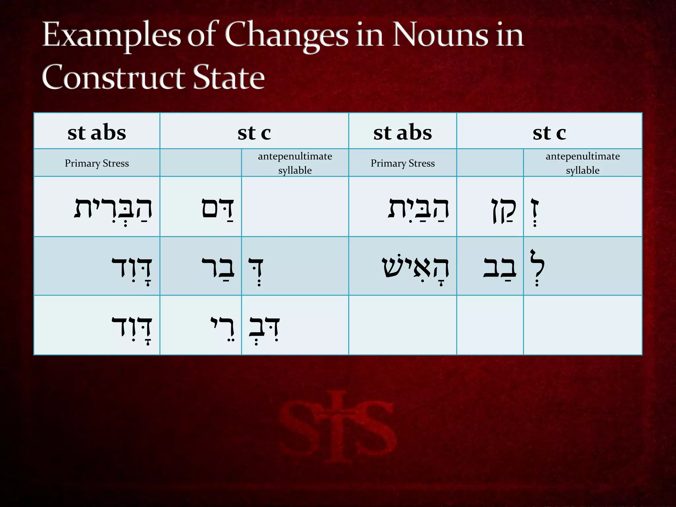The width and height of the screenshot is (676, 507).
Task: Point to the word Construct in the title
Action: pos(114,77)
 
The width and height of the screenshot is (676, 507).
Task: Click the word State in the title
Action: pos(228,77)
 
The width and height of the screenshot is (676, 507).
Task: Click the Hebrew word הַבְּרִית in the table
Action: pos(113,209)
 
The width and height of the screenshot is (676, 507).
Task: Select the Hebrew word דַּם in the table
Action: pos(218,209)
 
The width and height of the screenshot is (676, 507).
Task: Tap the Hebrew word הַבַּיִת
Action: pos(418,209)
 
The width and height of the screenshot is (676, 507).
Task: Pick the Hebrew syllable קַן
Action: pos(503,210)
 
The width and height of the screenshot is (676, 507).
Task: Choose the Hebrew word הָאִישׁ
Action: pos(415,267)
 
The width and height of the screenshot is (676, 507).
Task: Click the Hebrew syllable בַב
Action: pos(500,267)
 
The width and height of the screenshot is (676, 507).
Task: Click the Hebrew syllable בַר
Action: pos(218,267)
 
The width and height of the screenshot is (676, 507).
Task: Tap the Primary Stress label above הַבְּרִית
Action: pos(97,163)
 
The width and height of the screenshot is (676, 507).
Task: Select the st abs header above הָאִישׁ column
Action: pos(402,133)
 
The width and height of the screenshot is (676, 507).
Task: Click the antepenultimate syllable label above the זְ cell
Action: pos(583,163)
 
